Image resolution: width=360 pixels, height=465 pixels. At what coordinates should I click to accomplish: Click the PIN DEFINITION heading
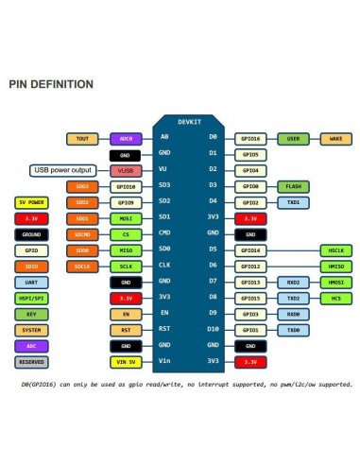point(51,84)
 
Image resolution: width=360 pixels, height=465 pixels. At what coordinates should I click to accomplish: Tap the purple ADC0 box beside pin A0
point(126,138)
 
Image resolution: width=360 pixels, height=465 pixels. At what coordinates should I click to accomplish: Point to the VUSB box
point(126,170)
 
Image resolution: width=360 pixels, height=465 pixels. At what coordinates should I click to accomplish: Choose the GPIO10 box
point(126,186)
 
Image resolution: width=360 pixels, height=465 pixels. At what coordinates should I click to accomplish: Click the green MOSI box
point(126,218)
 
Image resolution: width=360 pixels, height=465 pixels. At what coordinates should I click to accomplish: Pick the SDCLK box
point(82,267)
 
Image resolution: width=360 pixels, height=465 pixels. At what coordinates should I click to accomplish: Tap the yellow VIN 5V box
point(126,361)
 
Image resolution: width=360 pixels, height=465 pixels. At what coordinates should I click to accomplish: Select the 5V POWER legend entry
point(31,202)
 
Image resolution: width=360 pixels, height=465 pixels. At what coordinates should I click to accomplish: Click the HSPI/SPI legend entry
point(31,298)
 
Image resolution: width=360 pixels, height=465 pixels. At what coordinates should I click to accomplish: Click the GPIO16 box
point(250,138)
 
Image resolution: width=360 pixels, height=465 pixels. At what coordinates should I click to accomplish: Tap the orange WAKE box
point(336,138)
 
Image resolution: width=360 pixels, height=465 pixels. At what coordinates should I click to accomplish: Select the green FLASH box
point(293,186)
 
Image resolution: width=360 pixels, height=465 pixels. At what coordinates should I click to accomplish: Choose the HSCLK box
point(336,250)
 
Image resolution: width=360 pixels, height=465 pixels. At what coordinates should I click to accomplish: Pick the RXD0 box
point(293,314)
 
